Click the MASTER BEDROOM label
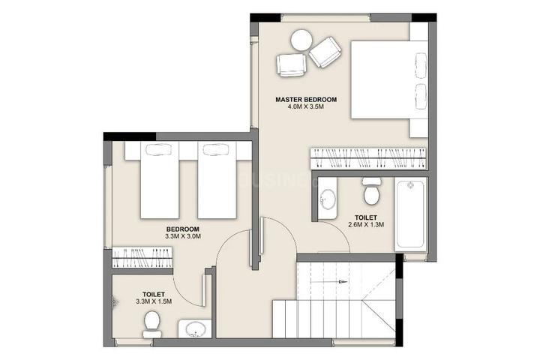306,100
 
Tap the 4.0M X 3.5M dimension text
306,106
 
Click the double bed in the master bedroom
389,80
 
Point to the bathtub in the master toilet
409,214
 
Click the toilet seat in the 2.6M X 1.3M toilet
371,190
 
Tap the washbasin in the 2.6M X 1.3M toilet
327,199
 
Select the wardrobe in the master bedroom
368,158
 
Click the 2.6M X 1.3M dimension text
366,224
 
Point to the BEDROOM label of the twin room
182,229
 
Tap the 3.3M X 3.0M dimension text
183,236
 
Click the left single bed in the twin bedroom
160,180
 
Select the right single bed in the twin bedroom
217,180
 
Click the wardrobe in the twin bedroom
142,258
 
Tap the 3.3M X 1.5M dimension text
154,301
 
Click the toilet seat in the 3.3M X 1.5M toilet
151,324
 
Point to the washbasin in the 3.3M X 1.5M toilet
194,329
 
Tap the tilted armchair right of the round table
325,52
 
